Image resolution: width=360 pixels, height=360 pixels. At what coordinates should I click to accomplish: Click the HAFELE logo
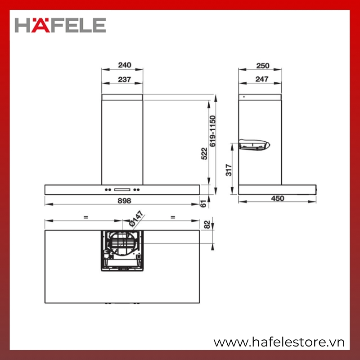[60, 25]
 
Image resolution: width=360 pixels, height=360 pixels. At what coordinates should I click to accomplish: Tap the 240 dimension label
[125, 65]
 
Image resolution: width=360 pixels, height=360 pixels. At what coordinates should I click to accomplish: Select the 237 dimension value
[125, 80]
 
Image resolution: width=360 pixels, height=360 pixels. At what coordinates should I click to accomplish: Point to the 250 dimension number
[263, 66]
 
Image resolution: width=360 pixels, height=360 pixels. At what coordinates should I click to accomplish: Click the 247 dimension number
[262, 79]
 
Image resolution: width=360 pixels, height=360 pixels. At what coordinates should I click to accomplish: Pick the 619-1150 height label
[212, 131]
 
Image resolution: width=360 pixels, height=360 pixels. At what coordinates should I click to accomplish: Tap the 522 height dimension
[204, 153]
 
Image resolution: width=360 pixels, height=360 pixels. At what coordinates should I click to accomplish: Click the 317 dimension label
[229, 170]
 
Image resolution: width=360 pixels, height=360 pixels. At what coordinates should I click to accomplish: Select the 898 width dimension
[125, 201]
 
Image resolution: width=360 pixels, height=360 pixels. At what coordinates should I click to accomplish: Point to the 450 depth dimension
[278, 198]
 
